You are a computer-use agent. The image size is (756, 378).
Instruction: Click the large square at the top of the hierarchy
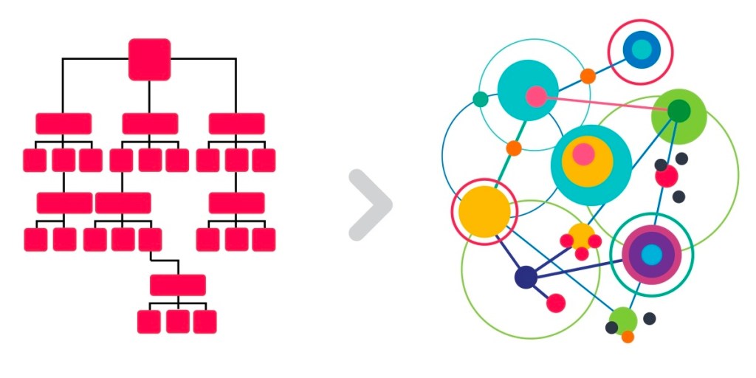(150, 59)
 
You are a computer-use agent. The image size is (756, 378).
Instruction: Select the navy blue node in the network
(526, 278)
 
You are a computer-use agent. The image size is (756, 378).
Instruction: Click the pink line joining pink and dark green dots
(607, 104)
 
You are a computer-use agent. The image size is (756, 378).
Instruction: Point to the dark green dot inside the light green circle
(678, 111)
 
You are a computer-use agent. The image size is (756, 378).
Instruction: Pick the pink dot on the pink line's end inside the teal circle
(536, 96)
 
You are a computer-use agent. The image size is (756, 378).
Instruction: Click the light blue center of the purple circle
(651, 255)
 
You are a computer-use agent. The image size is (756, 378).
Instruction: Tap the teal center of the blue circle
(641, 49)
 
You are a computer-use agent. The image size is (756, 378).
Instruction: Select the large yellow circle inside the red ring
(484, 211)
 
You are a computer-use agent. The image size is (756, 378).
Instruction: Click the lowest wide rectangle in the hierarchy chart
(178, 285)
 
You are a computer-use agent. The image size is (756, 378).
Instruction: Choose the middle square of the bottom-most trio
(178, 321)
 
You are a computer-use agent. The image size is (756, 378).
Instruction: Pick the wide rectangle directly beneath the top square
(150, 123)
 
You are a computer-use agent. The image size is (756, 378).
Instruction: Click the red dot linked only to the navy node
(557, 303)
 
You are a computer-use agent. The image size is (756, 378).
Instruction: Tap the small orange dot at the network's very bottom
(628, 337)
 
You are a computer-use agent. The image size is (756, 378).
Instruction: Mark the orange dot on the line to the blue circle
(588, 76)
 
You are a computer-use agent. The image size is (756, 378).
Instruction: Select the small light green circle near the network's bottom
(624, 320)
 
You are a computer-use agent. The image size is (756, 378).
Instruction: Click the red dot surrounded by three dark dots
(666, 176)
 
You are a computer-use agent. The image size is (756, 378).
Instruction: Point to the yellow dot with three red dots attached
(581, 236)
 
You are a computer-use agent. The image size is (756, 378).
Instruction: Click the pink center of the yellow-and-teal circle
(583, 154)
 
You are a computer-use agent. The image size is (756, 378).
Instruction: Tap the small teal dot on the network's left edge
(480, 99)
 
